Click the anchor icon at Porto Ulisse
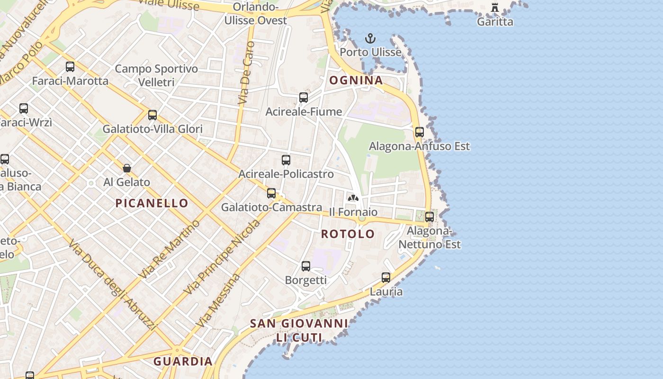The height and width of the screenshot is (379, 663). [x=370, y=38]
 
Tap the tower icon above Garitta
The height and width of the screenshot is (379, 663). [x=495, y=8]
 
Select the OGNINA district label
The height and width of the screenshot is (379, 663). [x=356, y=80]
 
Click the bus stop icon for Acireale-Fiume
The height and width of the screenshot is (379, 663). [x=304, y=98]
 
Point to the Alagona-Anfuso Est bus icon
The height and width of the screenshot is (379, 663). [x=419, y=132]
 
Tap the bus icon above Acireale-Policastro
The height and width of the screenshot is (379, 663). [x=286, y=160]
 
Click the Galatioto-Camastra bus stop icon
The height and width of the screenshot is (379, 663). [x=271, y=193]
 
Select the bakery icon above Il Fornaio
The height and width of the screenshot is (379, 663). [x=353, y=198]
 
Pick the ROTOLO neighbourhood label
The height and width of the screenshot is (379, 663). [x=348, y=234]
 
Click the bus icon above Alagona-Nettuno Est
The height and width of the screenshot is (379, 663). [x=430, y=217]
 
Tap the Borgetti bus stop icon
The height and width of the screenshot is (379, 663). [x=306, y=266]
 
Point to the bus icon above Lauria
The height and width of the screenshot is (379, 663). [x=386, y=278]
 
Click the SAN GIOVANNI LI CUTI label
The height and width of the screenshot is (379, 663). [x=299, y=330]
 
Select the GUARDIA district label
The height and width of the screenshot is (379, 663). [x=183, y=361]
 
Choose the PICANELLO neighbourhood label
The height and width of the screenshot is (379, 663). [x=152, y=203]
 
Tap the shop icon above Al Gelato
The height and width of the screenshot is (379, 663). [x=127, y=168]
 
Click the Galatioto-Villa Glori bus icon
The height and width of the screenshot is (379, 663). [x=152, y=115]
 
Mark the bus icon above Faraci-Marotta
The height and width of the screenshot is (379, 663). [x=70, y=67]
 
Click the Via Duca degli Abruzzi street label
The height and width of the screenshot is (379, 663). [x=112, y=285]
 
